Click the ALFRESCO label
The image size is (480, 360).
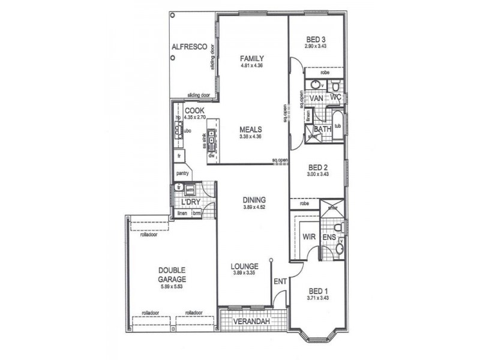tap(189, 46)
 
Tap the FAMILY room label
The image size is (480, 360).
tap(252, 58)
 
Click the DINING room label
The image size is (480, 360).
tap(254, 200)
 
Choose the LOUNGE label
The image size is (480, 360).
tap(245, 266)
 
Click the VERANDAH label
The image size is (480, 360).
tap(251, 323)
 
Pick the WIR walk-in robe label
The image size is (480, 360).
tap(310, 238)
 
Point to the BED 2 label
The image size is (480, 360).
tap(317, 167)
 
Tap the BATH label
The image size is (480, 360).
tap(323, 129)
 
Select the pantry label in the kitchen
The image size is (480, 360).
tap(183, 173)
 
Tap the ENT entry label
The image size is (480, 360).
tap(280, 281)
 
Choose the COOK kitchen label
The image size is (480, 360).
tap(194, 110)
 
